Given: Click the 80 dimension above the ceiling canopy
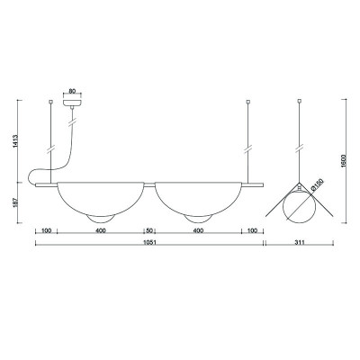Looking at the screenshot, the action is click(72, 90).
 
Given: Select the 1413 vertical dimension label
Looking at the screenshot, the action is click(16, 141).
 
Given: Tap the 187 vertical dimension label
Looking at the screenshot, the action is click(16, 202).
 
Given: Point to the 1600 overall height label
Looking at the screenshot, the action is click(344, 161).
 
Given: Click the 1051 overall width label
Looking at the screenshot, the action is click(149, 242).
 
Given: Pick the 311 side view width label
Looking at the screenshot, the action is click(300, 242).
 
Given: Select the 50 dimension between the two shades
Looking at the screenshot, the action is click(149, 230).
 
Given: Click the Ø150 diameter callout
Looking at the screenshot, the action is click(317, 184).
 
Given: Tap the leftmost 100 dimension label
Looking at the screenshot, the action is click(46, 230).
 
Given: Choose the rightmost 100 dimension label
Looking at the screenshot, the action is click(253, 230).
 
